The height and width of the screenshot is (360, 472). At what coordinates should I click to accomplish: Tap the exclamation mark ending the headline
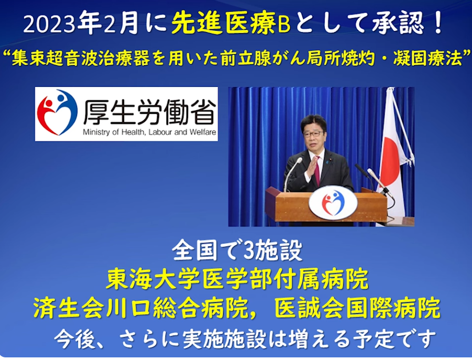[x=438, y=24]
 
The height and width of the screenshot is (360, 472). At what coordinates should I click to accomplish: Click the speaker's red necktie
[x=317, y=171]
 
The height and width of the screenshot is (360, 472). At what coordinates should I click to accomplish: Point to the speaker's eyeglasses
[x=313, y=134]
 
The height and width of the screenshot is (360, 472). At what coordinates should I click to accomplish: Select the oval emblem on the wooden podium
[x=333, y=203]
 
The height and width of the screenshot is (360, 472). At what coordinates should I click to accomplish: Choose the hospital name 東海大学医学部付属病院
[x=237, y=279]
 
